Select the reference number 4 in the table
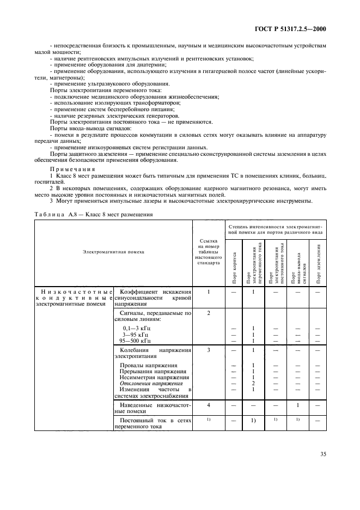click(209, 405)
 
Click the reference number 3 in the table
click(209, 350)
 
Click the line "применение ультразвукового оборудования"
click(112, 83)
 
